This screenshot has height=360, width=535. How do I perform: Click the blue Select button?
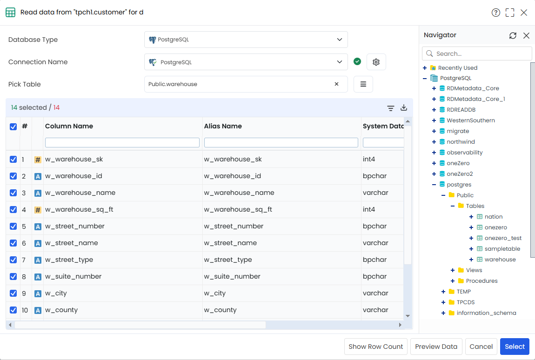(515, 347)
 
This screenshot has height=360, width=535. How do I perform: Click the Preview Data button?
(436, 347)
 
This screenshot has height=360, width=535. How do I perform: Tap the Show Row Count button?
(375, 347)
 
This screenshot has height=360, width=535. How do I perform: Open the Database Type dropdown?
(246, 40)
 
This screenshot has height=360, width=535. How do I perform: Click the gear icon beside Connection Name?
(376, 62)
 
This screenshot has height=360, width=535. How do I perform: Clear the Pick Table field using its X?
(336, 84)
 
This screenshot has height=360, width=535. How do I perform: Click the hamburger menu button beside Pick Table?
(363, 84)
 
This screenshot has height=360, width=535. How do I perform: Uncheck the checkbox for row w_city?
(13, 293)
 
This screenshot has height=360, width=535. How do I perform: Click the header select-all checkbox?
(13, 127)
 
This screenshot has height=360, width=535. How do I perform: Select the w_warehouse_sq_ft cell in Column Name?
(79, 209)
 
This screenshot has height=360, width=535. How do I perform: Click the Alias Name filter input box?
(281, 142)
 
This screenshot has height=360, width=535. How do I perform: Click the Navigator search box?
(477, 53)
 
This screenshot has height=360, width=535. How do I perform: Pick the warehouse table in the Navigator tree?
(500, 260)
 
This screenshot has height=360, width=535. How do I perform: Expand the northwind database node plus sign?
(434, 141)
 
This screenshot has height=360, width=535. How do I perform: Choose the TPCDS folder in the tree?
(465, 302)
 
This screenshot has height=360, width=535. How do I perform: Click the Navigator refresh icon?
(513, 35)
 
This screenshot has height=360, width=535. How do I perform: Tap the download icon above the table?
(404, 107)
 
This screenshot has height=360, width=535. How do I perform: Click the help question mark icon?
(496, 13)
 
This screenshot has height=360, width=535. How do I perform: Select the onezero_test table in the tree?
(503, 238)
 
